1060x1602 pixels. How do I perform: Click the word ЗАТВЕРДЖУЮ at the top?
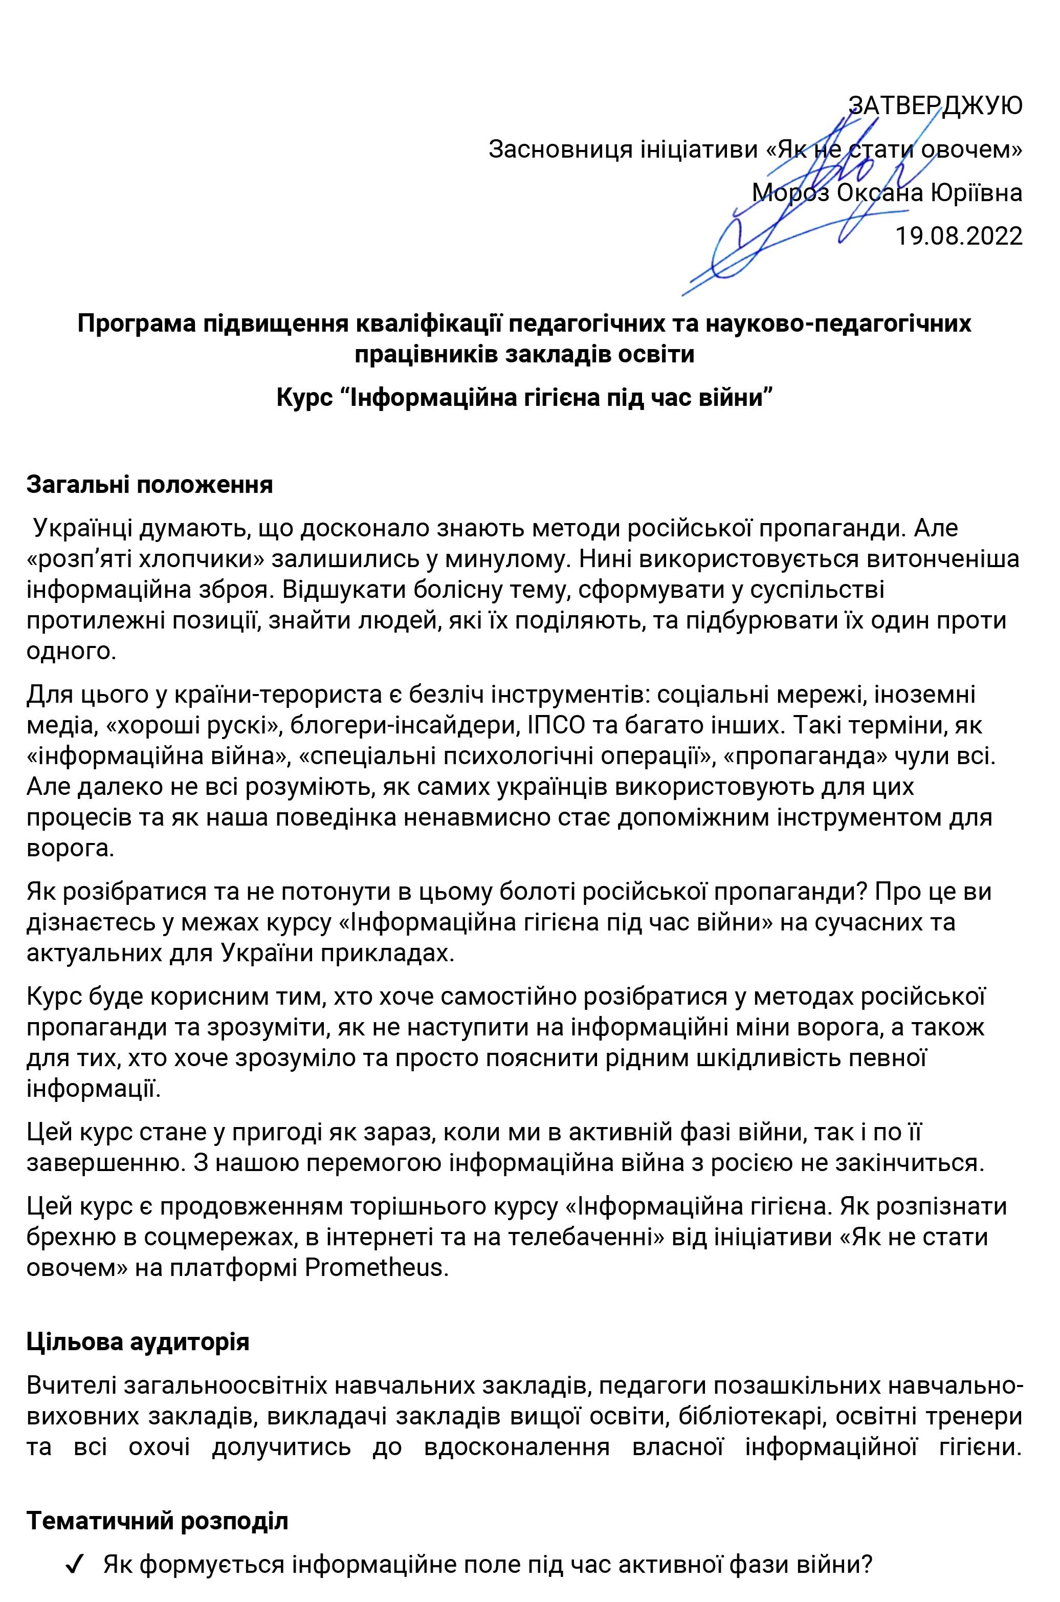(x=935, y=105)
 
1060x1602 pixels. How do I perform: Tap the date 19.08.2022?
(x=959, y=236)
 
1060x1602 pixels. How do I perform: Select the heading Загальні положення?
(x=149, y=484)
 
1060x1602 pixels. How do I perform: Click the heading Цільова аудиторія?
(x=138, y=1341)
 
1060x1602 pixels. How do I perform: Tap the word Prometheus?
(x=377, y=1267)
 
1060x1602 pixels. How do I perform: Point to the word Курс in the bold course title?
(x=303, y=397)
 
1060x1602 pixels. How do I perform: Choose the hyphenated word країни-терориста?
(x=274, y=695)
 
